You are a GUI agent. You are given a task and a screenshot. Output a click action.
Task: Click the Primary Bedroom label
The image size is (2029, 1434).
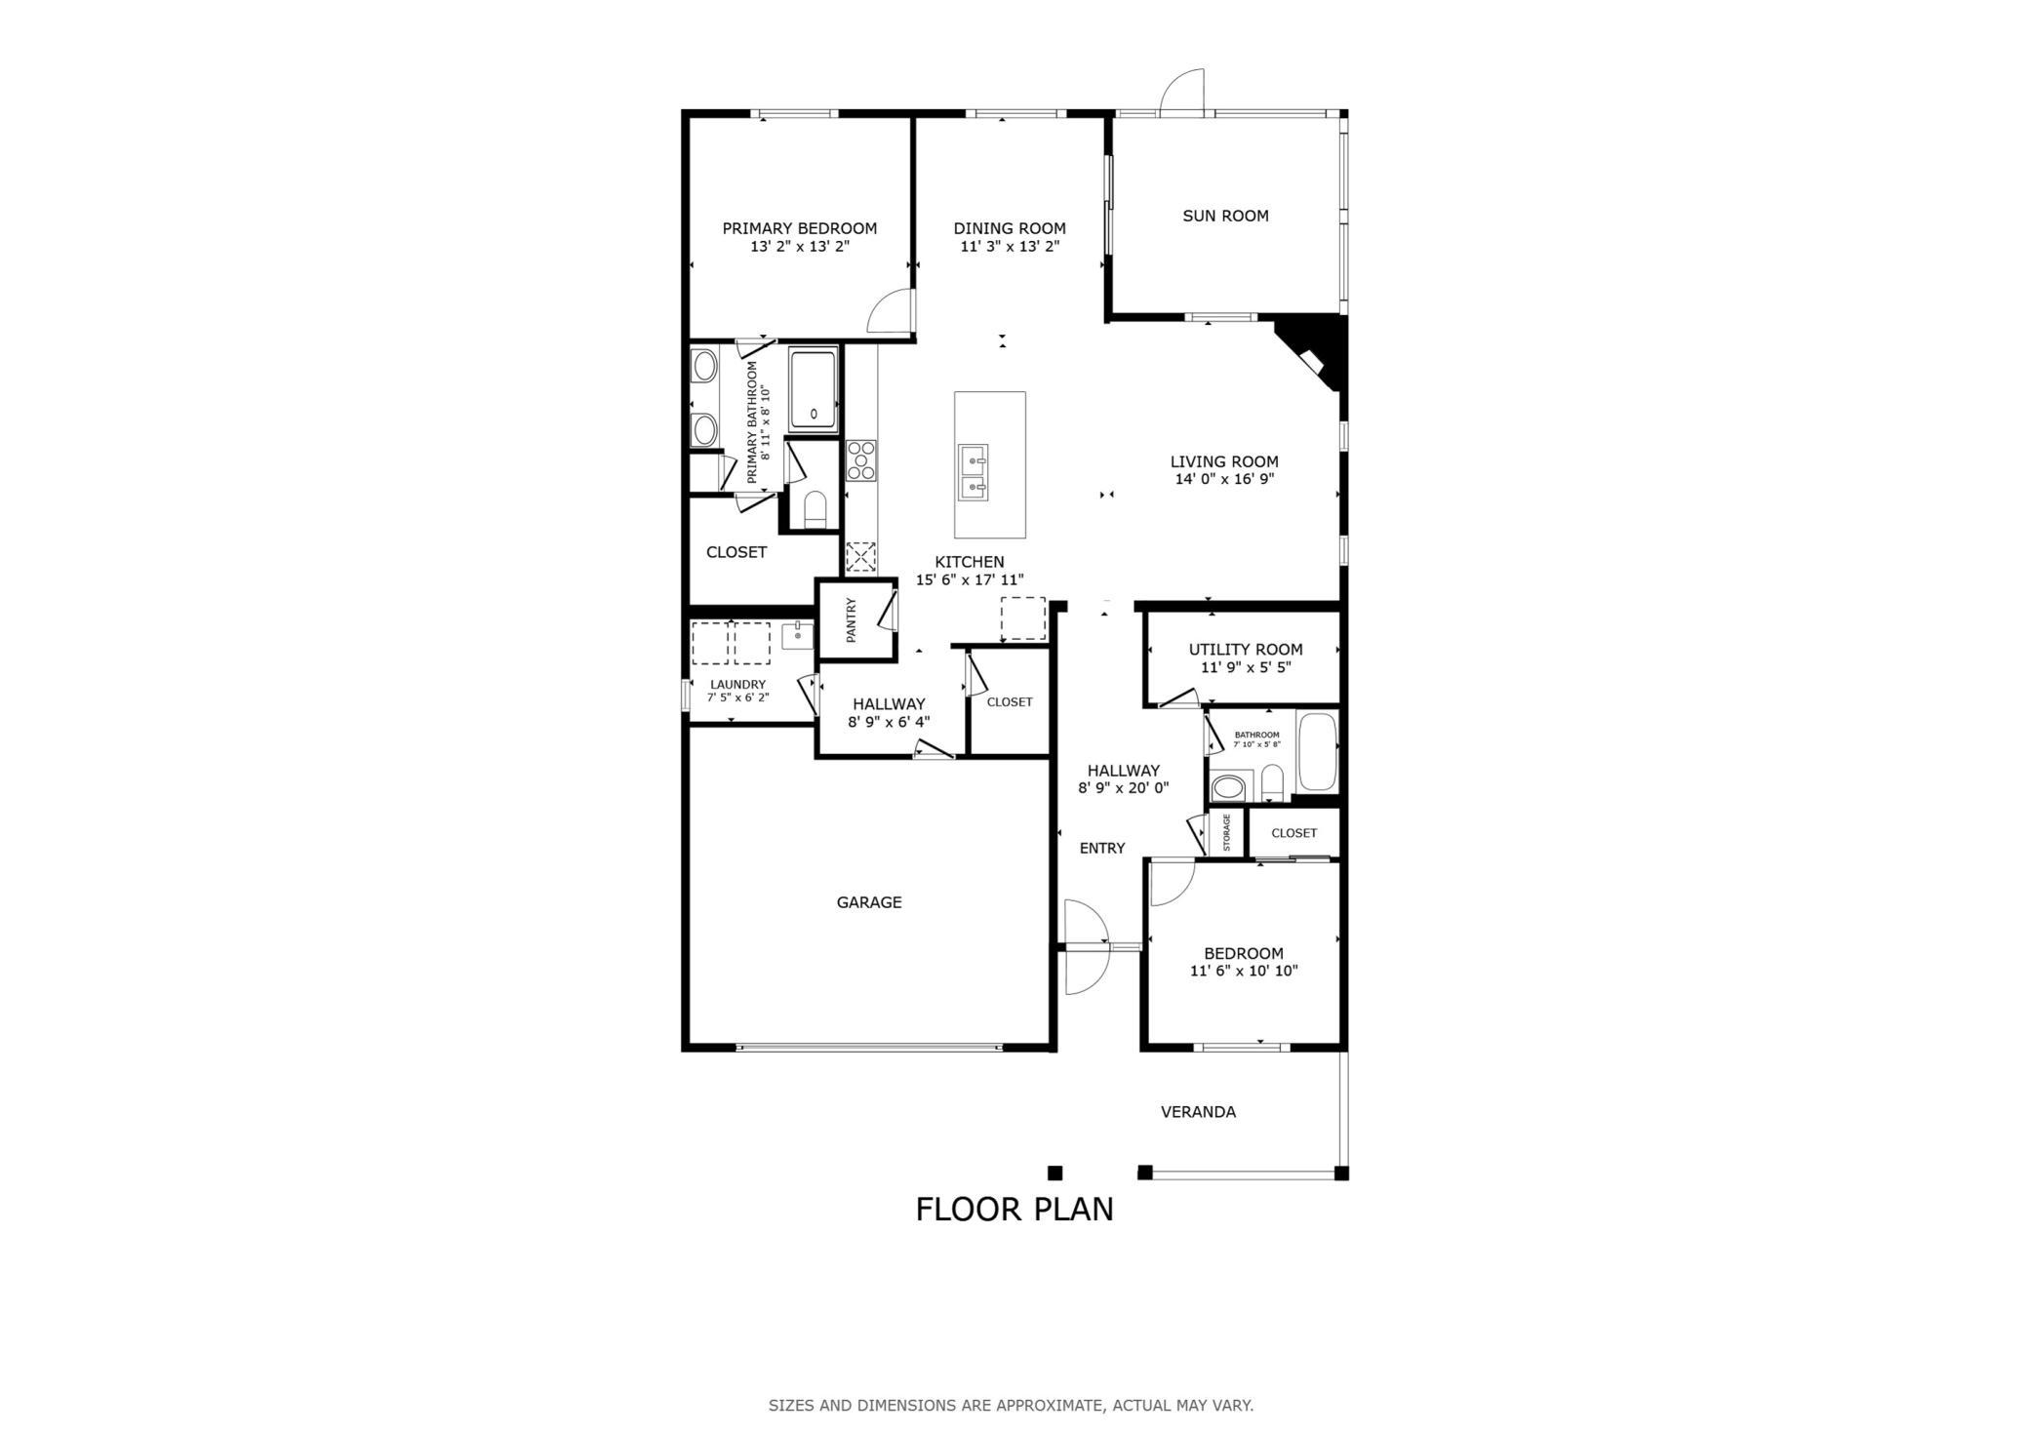click(x=799, y=228)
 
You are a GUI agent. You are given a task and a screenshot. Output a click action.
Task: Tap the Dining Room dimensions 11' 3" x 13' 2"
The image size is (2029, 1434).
click(x=1010, y=247)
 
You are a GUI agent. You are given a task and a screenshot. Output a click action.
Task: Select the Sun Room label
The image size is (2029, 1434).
click(x=1225, y=216)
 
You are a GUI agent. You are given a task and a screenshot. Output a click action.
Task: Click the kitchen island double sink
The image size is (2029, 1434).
click(x=973, y=471)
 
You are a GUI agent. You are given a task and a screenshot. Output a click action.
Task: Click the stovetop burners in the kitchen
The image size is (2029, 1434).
click(x=861, y=460)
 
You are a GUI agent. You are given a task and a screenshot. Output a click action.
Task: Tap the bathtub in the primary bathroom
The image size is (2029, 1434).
click(x=813, y=390)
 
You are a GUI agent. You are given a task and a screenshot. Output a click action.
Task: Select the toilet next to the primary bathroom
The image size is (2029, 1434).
click(x=815, y=509)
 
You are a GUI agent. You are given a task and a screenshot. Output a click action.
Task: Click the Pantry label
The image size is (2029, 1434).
click(x=851, y=620)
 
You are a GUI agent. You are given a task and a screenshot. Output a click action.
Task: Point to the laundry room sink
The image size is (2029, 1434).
click(x=798, y=634)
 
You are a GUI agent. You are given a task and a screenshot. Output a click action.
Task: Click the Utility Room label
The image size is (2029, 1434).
click(x=1246, y=650)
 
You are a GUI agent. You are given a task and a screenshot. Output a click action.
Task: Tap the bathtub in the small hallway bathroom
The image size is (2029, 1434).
click(x=1317, y=752)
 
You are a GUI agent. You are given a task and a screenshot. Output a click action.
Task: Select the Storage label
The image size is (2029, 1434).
click(x=1227, y=832)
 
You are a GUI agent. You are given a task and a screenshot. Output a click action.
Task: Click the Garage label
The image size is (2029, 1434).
click(x=869, y=902)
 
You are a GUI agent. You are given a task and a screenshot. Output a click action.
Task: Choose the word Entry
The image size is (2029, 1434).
click(x=1102, y=849)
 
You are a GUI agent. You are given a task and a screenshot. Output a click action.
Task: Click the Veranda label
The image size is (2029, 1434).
click(x=1198, y=1112)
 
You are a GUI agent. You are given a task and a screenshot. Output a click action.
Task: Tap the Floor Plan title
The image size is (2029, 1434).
click(x=1014, y=1210)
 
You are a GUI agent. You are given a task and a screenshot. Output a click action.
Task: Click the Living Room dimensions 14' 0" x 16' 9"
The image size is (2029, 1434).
click(x=1225, y=479)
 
